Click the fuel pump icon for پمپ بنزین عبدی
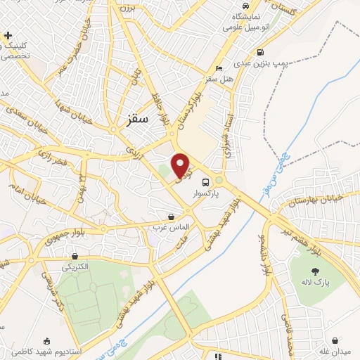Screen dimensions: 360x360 [261, 52]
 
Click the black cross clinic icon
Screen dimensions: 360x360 [8, 35]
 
